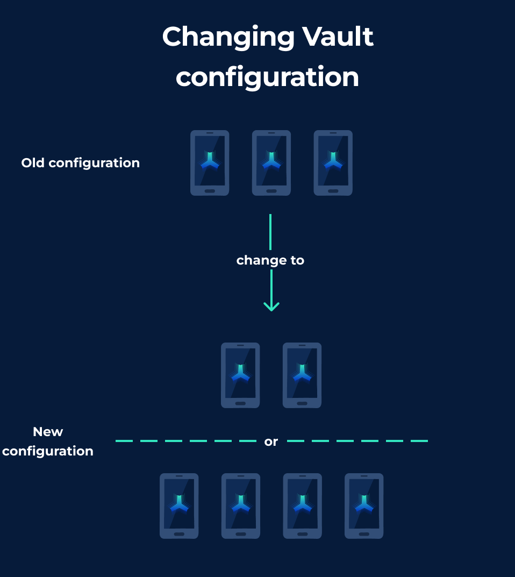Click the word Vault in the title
338,37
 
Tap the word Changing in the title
228,38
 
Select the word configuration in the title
267,77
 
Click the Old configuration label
81,163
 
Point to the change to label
270,260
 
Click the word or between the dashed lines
271,441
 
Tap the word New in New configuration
48,432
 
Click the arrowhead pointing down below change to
271,306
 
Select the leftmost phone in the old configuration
210,162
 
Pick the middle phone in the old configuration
271,162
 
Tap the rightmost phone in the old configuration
333,162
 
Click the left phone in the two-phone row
240,375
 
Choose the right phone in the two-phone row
302,375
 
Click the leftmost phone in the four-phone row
179,505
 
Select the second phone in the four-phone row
241,505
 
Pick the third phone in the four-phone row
303,505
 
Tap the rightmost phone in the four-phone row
364,505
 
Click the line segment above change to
270,232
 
